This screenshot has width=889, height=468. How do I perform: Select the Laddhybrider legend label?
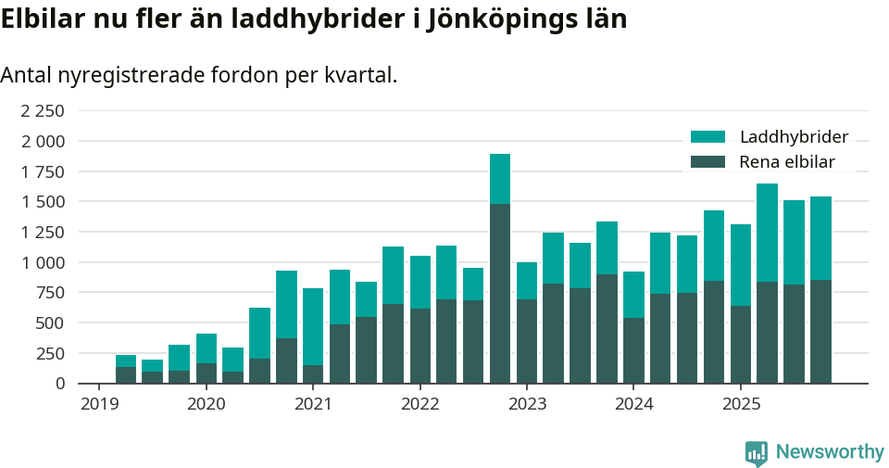click(794, 137)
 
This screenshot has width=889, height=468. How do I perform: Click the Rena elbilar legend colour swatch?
click(708, 162)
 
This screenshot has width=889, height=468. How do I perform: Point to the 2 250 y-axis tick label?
click(43, 111)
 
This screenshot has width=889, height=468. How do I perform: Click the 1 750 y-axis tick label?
click(43, 171)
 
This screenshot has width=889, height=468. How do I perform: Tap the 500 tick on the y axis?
click(52, 323)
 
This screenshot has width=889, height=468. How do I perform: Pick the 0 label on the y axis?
click(60, 383)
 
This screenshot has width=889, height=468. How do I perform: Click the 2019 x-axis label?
click(99, 404)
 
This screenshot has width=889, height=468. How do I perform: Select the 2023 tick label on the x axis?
click(527, 404)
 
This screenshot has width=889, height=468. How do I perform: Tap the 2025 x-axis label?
click(741, 404)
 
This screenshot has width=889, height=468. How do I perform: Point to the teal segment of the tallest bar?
click(500, 179)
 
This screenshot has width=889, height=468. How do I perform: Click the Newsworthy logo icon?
click(757, 452)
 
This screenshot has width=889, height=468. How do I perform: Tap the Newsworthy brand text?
click(830, 452)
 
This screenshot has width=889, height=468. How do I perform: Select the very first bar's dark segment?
click(126, 375)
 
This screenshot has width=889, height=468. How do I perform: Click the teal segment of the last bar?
click(820, 238)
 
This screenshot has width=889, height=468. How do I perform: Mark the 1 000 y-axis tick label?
click(43, 262)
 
